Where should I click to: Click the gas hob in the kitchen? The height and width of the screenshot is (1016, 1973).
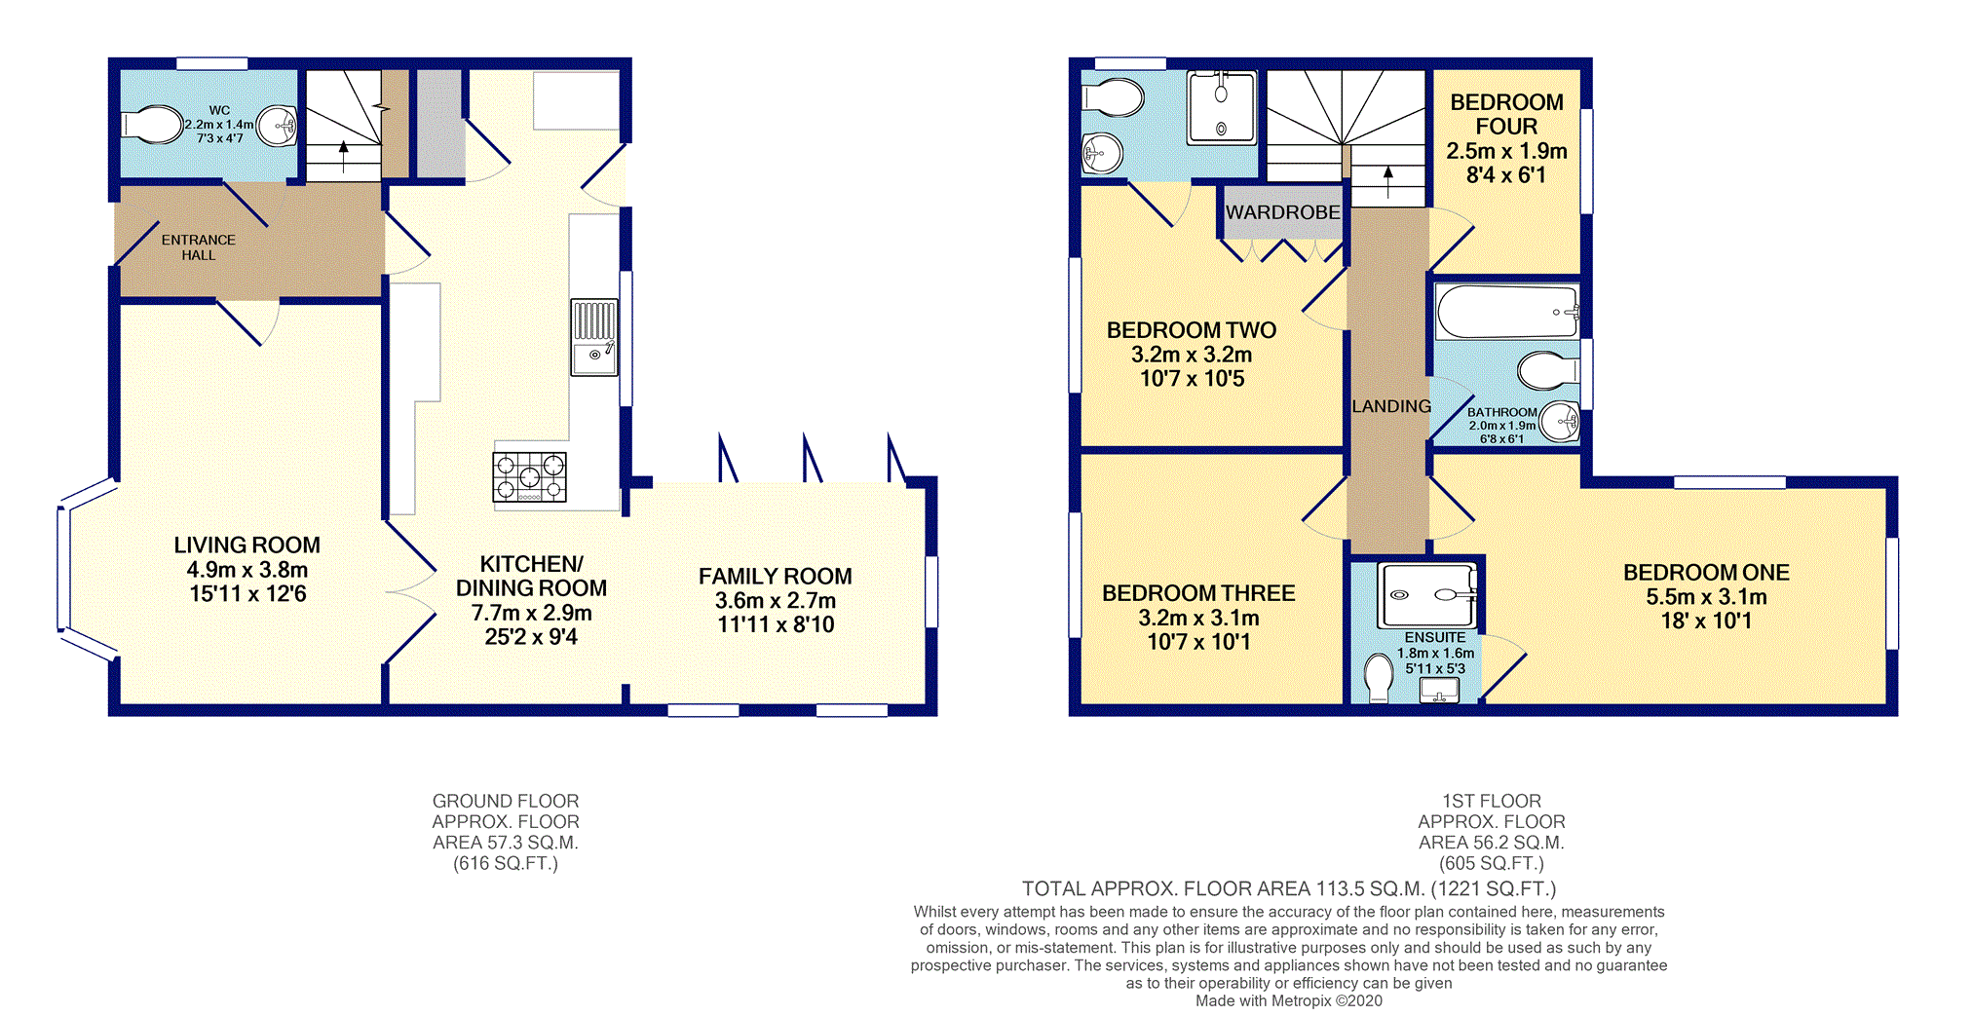[x=529, y=477]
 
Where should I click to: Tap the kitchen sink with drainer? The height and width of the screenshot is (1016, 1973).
[x=594, y=337]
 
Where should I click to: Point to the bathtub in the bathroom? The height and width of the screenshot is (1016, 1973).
[x=1506, y=312]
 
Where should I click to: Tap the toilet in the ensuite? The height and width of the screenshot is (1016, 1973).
[x=1378, y=678]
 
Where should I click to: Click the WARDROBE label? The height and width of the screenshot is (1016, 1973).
[x=1282, y=212]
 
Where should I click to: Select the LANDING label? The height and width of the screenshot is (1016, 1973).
[x=1391, y=406]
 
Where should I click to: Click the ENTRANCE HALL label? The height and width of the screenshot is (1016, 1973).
[x=199, y=247]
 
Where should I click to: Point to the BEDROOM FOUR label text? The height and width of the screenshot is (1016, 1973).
[x=1506, y=114]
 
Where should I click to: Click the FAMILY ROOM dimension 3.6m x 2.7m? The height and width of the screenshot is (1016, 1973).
[x=776, y=601]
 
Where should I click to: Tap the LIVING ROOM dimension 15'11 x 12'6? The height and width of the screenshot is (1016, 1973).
[x=247, y=594]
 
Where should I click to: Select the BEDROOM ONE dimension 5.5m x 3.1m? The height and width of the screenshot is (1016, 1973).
[x=1706, y=597]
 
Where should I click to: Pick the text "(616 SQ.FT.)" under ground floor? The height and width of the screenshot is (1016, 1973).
[x=506, y=864]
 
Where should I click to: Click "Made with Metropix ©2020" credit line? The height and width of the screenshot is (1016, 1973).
[x=1289, y=1001]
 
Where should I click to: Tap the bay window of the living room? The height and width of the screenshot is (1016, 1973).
[x=86, y=568]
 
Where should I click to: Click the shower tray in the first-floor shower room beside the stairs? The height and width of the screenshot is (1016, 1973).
[x=1222, y=107]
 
